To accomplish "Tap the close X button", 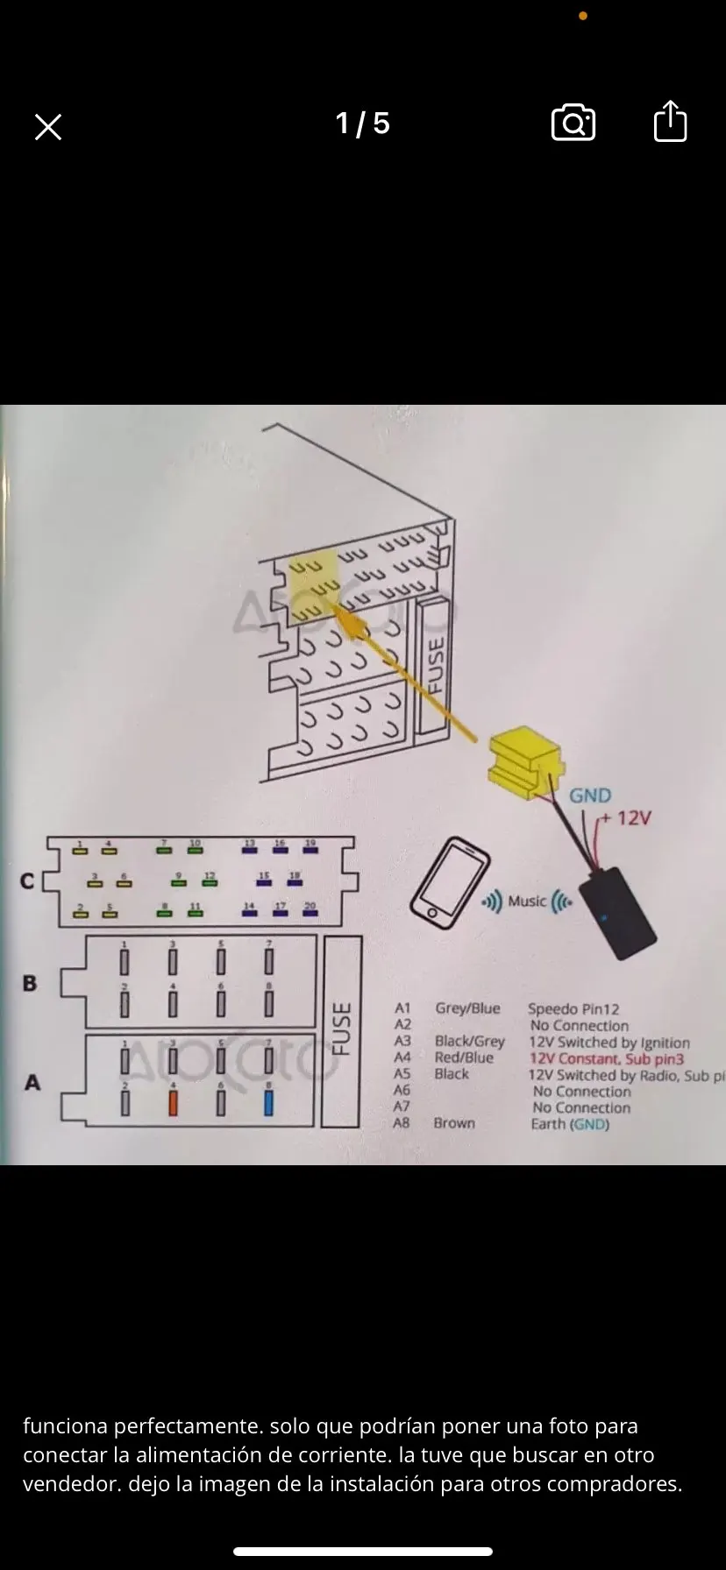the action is [x=48, y=128].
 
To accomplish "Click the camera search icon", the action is [x=573, y=123].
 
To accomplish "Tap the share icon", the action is [x=670, y=122].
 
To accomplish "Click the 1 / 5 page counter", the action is [x=362, y=124].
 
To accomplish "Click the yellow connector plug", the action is [x=524, y=762].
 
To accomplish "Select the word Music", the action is [x=527, y=902].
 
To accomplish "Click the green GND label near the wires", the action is [x=590, y=796].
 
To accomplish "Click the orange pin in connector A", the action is [x=173, y=1101].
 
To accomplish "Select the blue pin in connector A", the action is [x=268, y=1101].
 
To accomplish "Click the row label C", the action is [x=28, y=880].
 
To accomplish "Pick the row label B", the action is [x=30, y=983].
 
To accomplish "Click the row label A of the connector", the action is [x=32, y=1083].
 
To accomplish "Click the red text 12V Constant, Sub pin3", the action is [x=606, y=1058].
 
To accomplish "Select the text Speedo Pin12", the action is [x=573, y=1009].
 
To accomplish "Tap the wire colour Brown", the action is [x=454, y=1123].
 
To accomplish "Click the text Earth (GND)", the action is [x=570, y=1124].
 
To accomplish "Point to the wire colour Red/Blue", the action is [x=464, y=1058].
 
